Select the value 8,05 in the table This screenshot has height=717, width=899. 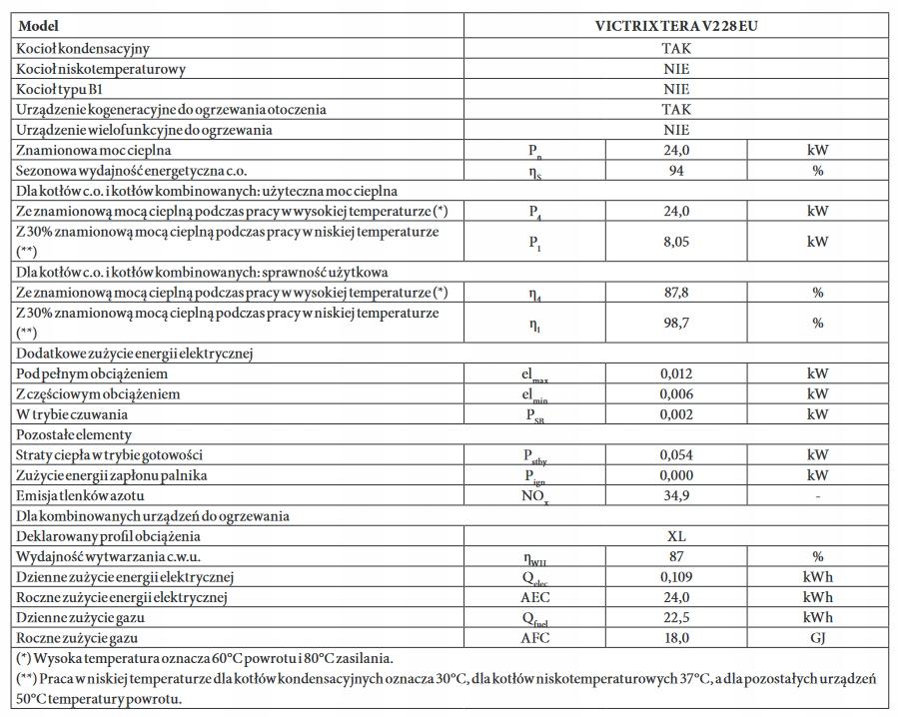[x=676, y=241]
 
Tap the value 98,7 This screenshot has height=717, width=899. [x=676, y=323]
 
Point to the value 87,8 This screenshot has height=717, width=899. [x=676, y=293]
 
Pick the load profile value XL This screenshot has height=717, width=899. [x=676, y=536]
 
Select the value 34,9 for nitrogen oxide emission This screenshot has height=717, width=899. [x=676, y=496]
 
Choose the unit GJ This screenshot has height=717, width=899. [x=817, y=637]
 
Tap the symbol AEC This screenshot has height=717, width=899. [x=535, y=597]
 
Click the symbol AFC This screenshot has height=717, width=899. [x=535, y=637]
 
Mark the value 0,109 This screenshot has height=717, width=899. [x=676, y=577]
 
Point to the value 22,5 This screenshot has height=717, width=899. [x=676, y=617]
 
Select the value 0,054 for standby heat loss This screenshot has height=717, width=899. [x=676, y=455]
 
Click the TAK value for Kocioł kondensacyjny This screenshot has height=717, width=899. [x=676, y=48]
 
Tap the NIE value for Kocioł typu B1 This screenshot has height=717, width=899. [x=676, y=89]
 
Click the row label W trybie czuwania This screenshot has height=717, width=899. [x=72, y=414]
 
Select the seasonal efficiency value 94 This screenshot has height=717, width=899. [x=676, y=170]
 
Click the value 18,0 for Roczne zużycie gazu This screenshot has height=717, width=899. [x=676, y=637]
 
